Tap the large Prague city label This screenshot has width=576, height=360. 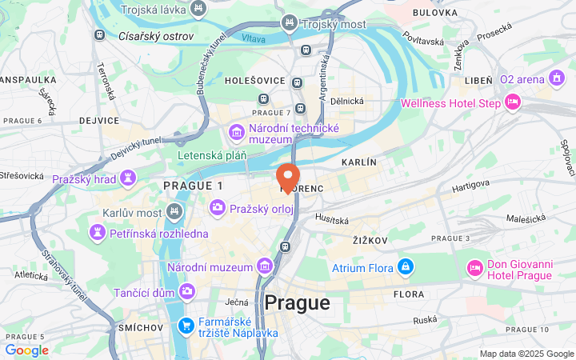[x=297, y=303]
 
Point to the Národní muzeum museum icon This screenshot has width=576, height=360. [x=265, y=266]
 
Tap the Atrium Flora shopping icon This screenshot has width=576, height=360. [x=406, y=266]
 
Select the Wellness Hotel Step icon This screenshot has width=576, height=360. [x=513, y=102]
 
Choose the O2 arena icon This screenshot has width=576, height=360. [x=557, y=78]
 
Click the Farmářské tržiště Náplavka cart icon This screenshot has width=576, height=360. [x=186, y=324]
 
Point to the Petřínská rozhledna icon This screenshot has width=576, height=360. [x=98, y=233]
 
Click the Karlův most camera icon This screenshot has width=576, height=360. [x=175, y=212]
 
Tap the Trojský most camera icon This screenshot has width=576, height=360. [x=288, y=23]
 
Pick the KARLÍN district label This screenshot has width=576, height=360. [x=358, y=162]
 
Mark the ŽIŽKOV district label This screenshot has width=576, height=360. [x=370, y=240]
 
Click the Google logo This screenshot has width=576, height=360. [x=26, y=350]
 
